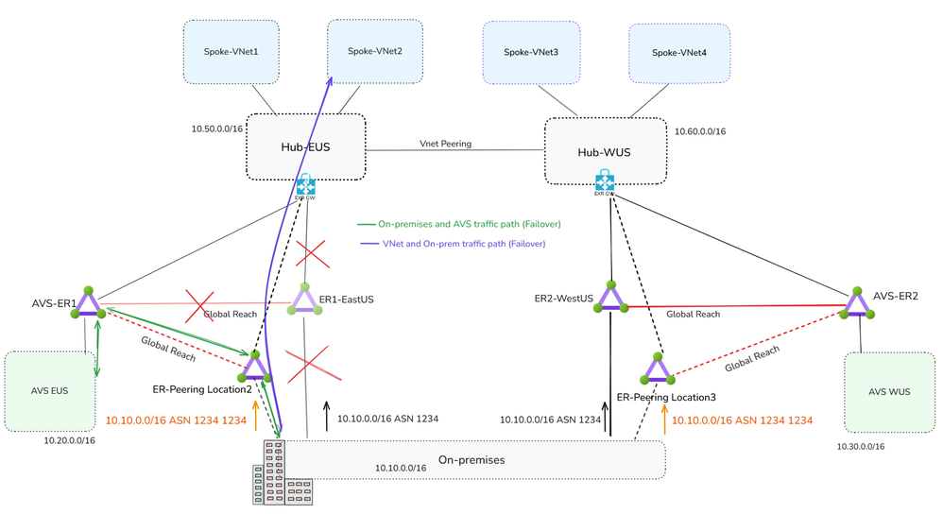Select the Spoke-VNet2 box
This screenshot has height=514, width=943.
374,51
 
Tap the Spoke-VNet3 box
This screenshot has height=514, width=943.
530,52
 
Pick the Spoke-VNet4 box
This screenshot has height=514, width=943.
678,52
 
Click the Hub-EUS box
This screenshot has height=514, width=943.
306,146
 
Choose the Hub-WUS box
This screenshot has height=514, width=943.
604,151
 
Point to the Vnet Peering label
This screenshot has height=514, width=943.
446,144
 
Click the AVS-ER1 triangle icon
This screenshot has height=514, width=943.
88,303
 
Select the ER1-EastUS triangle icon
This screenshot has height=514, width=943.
304,300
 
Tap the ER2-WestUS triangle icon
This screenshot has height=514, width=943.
610,299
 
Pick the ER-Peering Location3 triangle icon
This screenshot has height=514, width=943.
656,369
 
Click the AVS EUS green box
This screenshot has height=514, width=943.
50,390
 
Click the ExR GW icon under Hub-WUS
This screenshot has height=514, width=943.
605,181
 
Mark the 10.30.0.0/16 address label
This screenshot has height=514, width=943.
860,446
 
